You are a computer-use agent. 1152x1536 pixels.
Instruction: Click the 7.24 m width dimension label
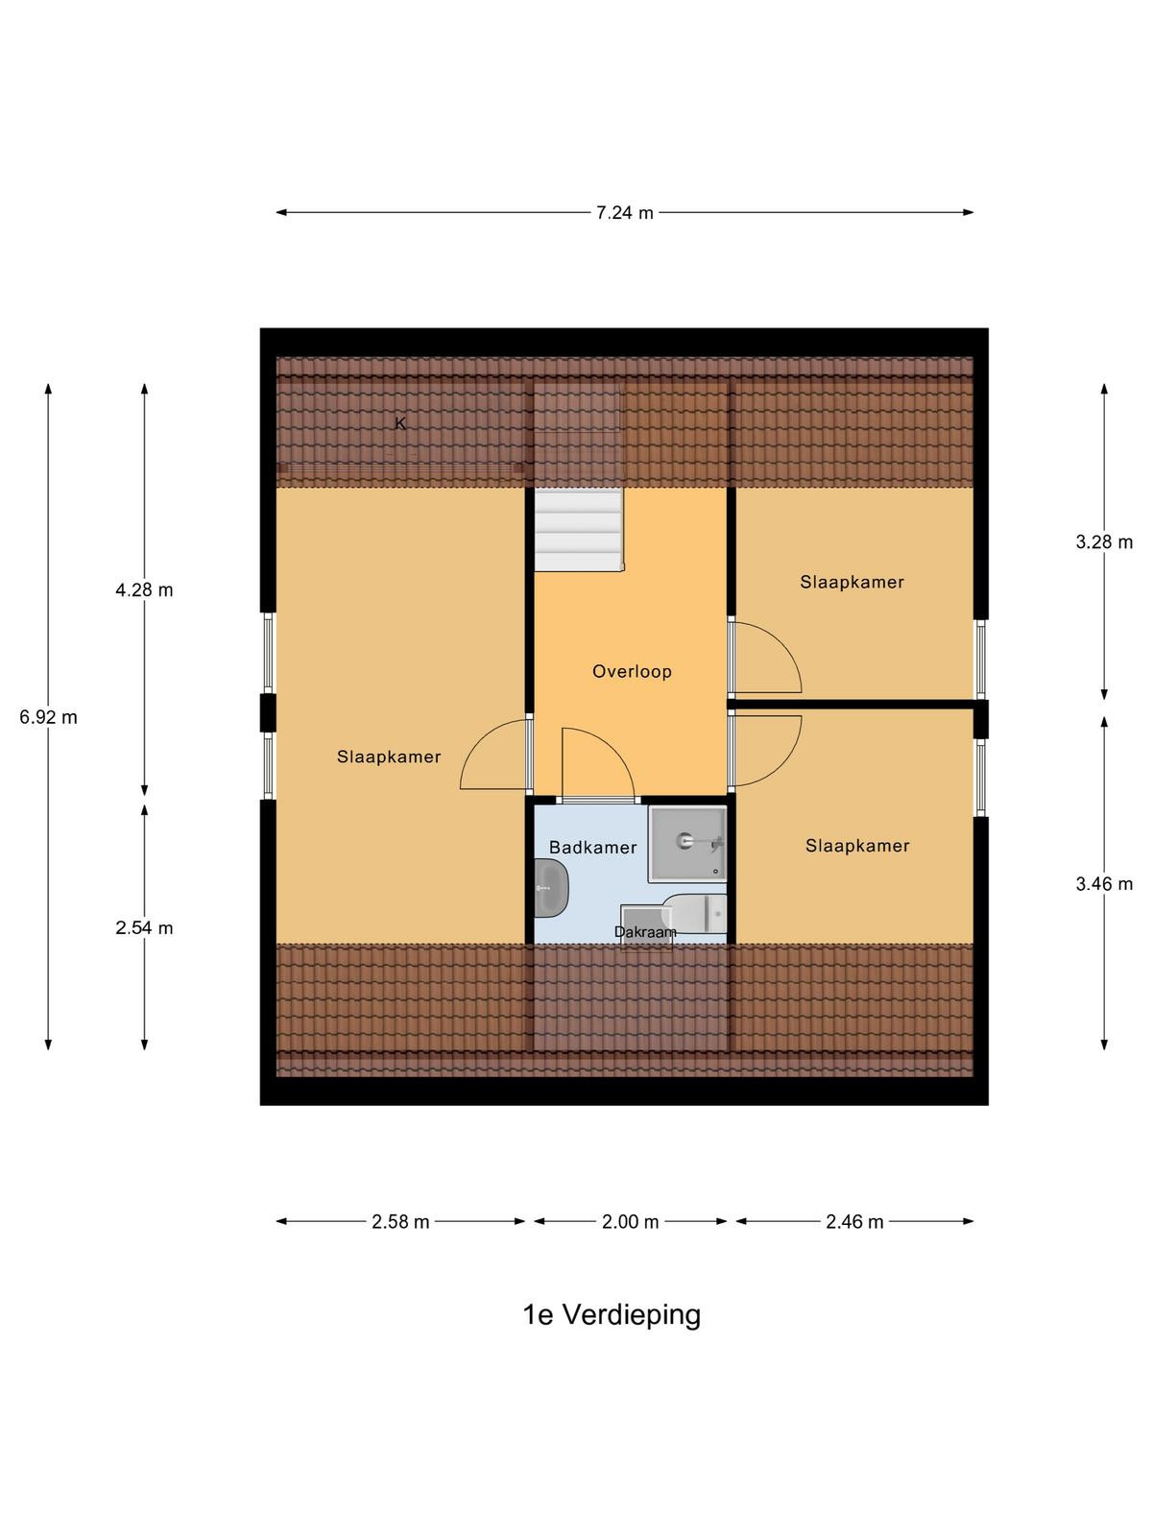coord(624,213)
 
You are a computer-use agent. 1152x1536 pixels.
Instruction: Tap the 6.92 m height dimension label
coord(48,717)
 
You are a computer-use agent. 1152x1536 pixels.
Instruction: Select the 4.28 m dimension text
coord(144,589)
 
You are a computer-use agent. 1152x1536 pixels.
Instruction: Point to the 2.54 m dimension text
coord(144,928)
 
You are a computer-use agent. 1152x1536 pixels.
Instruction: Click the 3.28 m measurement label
coord(1104,541)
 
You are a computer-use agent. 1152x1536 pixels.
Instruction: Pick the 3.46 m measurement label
coord(1104,884)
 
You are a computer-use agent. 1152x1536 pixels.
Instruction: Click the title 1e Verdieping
coord(612,1316)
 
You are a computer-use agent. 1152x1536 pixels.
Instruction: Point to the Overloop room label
coord(632,671)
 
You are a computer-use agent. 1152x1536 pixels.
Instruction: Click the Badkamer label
coord(592,848)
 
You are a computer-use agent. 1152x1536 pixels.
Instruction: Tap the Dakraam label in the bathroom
coord(645,932)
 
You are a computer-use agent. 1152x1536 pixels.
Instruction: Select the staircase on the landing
coord(579,529)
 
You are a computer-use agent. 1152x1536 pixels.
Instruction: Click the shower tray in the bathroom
coord(687,843)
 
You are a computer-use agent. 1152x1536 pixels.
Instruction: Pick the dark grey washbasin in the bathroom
coord(551,888)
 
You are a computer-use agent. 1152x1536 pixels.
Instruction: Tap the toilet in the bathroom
coord(696,913)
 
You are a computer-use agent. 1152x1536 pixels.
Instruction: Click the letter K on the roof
coord(400,422)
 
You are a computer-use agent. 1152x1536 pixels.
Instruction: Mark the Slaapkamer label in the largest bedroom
coord(389,756)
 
